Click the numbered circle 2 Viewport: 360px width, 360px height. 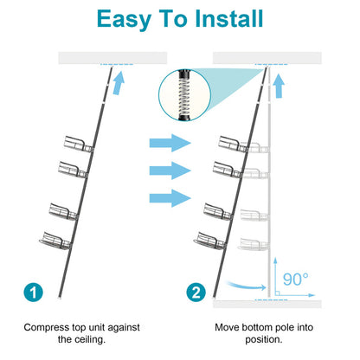click(x=198, y=292)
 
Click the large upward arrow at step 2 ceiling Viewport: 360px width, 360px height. click(x=279, y=85)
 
